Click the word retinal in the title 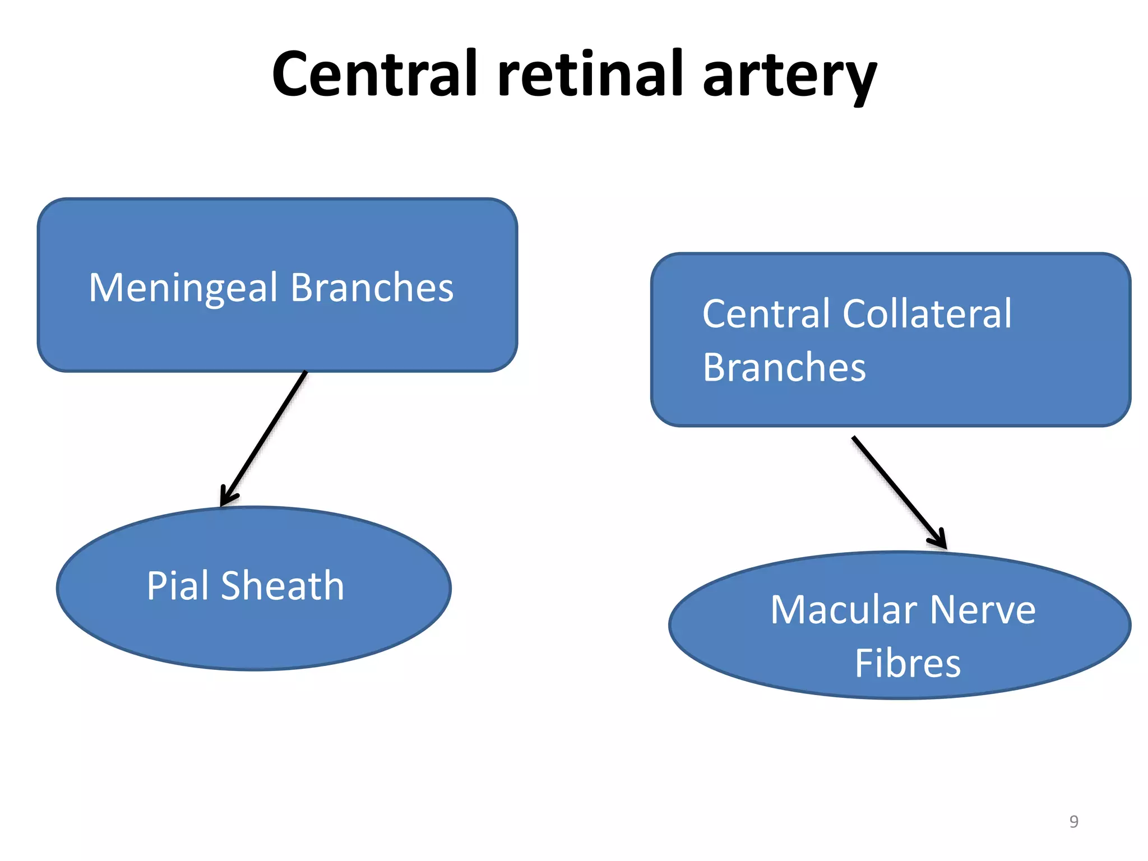(x=590, y=74)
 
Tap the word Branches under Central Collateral (x=784, y=368)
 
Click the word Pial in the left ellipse (x=178, y=586)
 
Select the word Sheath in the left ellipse (x=283, y=586)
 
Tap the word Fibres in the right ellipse (x=908, y=664)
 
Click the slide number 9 (x=1073, y=821)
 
